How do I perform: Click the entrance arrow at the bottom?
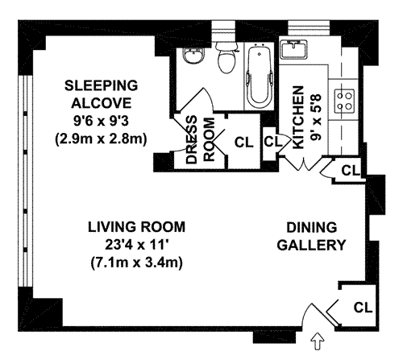(318, 341)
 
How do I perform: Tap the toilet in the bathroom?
(226, 58)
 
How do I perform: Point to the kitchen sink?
(293, 50)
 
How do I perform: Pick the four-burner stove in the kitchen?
(344, 101)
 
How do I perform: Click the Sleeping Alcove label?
(102, 94)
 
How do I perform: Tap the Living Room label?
(136, 227)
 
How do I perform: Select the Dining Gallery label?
(311, 236)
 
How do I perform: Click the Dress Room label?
(201, 139)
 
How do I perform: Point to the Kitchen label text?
(298, 118)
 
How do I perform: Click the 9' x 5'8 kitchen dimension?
(316, 117)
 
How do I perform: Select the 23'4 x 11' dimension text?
(138, 245)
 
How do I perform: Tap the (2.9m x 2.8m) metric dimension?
(101, 139)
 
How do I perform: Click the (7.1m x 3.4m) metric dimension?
(137, 263)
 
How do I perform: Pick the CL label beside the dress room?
(244, 143)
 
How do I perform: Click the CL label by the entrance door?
(363, 308)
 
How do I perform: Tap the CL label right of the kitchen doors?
(350, 170)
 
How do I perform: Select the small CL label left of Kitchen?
(273, 142)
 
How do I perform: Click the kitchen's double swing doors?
(304, 163)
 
